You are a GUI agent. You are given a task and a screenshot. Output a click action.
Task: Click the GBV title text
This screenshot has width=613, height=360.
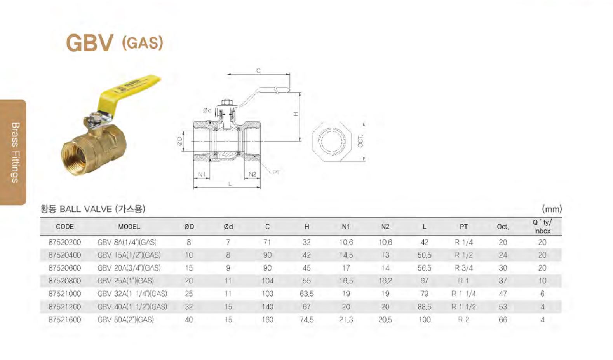pyautogui.click(x=89, y=43)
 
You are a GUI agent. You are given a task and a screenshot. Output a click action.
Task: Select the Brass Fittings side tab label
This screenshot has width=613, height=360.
pyautogui.click(x=15, y=152)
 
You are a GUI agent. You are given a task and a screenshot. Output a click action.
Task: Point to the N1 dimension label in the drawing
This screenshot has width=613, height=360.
pyautogui.click(x=202, y=174)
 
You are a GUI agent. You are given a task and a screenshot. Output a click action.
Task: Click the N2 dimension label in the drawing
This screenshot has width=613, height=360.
pyautogui.click(x=253, y=174)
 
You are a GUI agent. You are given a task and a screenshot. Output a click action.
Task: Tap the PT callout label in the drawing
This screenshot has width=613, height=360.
pyautogui.click(x=276, y=172)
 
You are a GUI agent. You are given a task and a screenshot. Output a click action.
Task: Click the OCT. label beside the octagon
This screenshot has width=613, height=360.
pyautogui.click(x=360, y=141)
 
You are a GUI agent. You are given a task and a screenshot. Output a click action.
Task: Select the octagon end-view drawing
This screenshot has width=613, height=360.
pyautogui.click(x=331, y=142)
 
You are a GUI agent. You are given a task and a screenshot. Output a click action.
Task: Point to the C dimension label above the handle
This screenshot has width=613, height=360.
pyautogui.click(x=258, y=71)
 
